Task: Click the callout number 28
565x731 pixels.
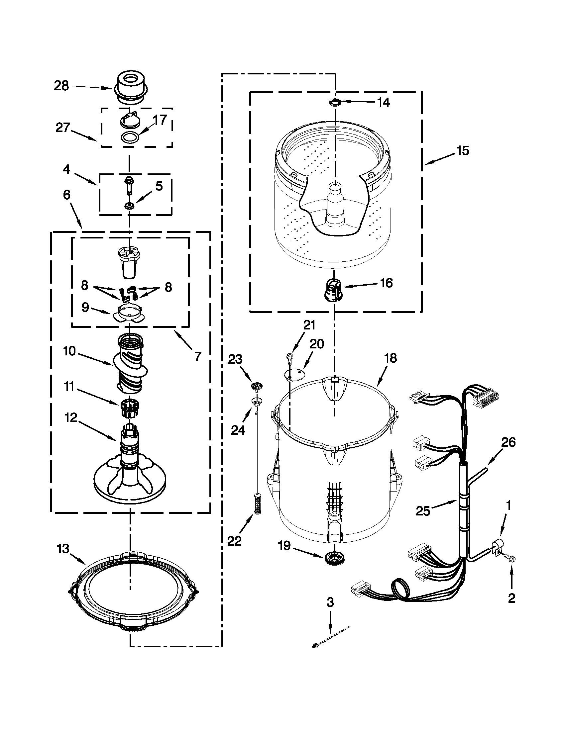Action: coord(61,86)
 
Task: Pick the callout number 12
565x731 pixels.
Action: coord(71,417)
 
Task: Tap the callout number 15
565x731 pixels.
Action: coord(463,151)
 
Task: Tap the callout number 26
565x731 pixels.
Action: coord(508,442)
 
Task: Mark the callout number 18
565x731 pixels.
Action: coord(391,358)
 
